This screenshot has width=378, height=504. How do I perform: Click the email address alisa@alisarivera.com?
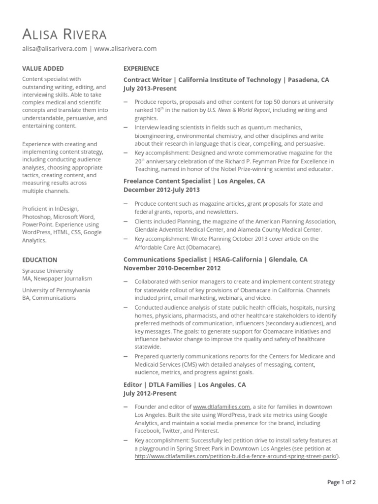point(55,49)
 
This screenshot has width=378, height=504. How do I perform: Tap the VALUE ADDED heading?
point(43,69)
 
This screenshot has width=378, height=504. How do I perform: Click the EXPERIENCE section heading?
point(141,69)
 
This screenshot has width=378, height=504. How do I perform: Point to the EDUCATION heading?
point(40,260)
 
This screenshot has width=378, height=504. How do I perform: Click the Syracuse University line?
point(47,271)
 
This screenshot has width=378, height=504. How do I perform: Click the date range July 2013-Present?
point(150,89)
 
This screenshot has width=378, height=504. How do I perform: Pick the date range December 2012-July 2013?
point(161,190)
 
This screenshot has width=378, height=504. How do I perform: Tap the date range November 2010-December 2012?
point(172,268)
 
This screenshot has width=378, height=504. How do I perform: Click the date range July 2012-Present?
point(150,394)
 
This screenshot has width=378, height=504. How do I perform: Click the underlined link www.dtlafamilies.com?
point(222,407)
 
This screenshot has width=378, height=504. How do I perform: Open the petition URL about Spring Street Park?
point(236,456)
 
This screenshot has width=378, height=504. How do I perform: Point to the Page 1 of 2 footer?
point(342,482)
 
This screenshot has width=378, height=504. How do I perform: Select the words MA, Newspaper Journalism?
point(57,279)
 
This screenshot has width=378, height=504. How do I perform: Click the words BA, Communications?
point(49,298)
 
